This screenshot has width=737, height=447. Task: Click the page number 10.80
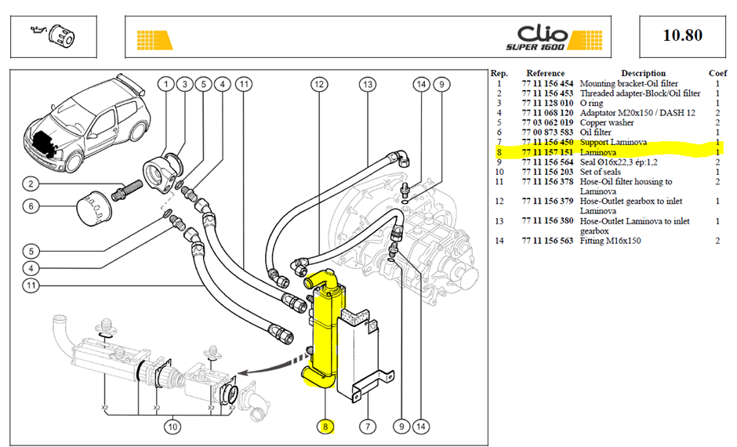coord(682,35)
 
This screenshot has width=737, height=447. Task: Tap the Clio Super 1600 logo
coord(554,38)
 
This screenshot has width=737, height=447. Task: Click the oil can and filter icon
coord(53,35)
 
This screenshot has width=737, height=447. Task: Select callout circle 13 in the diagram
coord(368,85)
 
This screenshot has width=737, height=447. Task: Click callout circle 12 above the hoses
coord(319,85)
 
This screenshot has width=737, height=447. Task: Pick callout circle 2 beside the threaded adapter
coord(31,184)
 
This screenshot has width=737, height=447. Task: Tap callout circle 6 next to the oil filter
coord(31,206)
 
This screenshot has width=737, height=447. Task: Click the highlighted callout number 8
coord(325,427)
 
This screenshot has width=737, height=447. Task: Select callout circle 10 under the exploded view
coord(172,427)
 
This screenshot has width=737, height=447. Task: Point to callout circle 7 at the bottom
coord(368,427)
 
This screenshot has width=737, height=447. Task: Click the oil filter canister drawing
coord(94,208)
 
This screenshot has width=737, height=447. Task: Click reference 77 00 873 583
coord(547,133)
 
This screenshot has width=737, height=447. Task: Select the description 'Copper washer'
coord(607,122)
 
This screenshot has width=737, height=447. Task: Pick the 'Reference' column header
coord(545,74)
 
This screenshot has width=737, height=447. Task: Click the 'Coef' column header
coord(717,74)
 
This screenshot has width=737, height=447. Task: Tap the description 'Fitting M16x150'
coord(610,241)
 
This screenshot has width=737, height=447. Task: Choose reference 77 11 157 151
coord(547,152)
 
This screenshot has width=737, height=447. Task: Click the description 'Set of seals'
coord(601,172)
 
